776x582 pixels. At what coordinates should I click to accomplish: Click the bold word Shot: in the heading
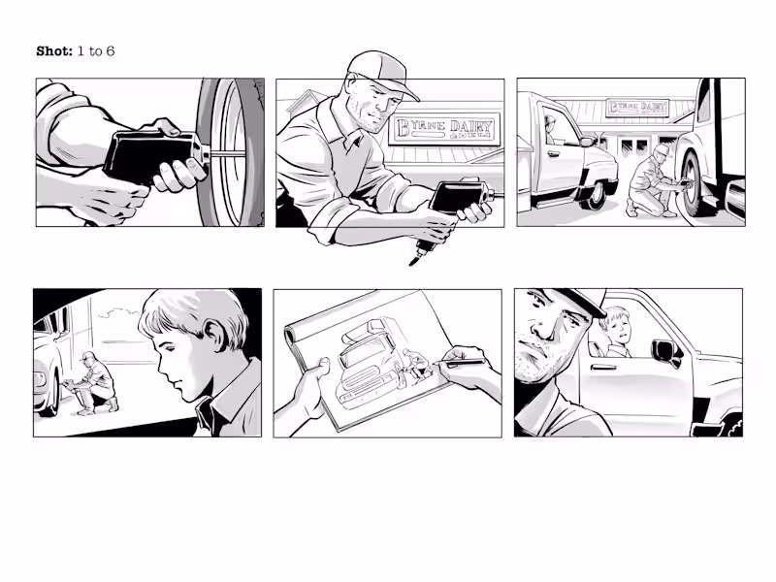coord(54,50)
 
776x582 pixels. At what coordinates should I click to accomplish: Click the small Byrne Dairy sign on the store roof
coord(636,108)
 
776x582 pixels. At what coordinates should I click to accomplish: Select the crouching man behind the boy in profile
coord(94,384)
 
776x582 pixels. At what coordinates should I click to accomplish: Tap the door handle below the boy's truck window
coord(603,367)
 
